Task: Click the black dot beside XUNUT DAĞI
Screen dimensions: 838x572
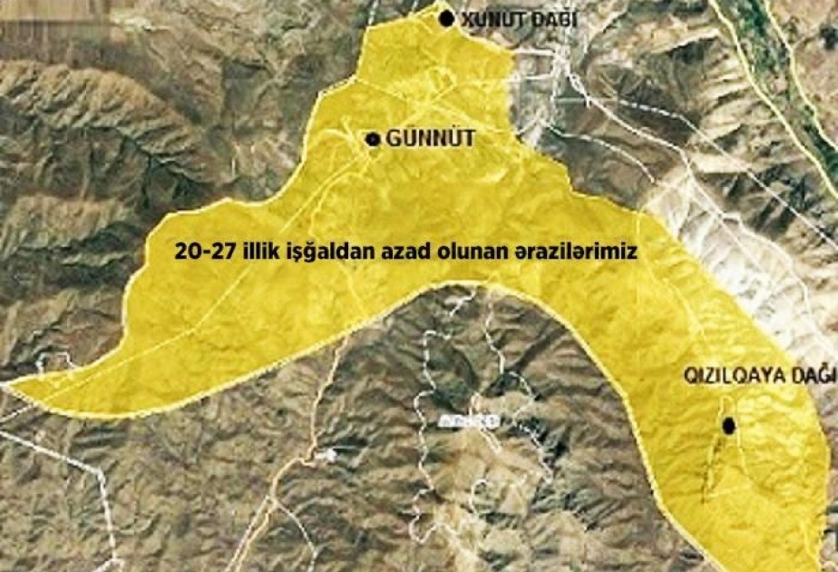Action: [x=445, y=18]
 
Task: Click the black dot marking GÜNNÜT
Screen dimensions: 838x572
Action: [x=372, y=139]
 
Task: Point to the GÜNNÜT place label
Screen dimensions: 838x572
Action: [x=418, y=139]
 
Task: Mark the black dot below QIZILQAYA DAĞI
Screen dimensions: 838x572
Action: [x=728, y=425]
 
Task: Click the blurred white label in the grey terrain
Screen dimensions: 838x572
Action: [x=468, y=421]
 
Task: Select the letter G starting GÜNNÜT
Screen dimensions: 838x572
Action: [x=393, y=139]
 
